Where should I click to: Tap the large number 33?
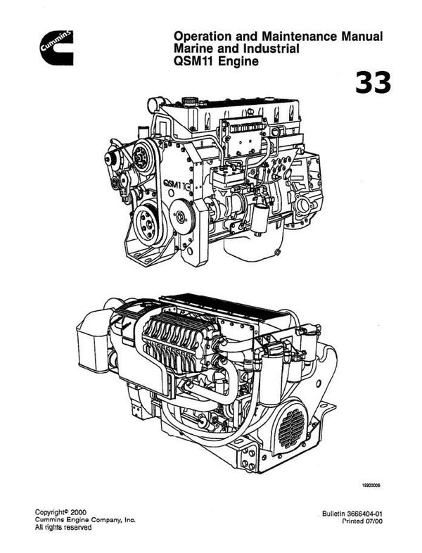click(x=373, y=83)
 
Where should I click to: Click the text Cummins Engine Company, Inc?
click(x=85, y=519)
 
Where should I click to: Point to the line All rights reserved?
click(x=63, y=528)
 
